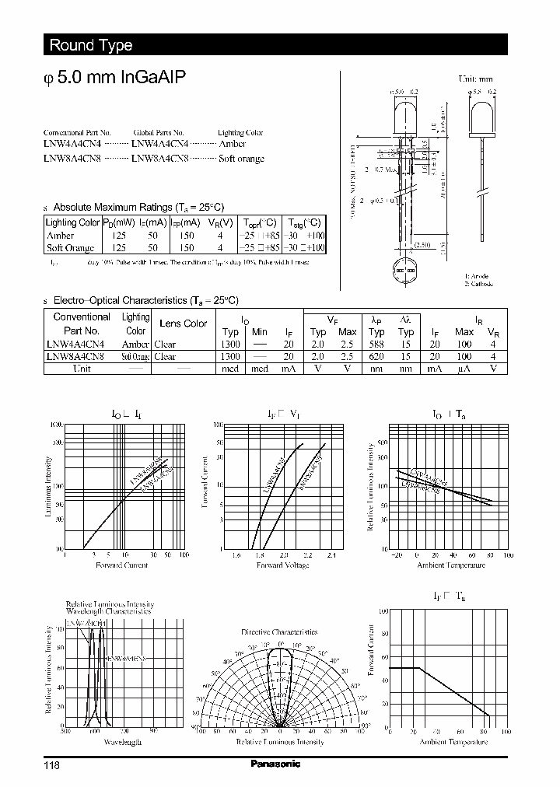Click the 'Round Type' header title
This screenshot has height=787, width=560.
91,45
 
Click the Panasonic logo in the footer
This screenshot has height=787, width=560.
275,764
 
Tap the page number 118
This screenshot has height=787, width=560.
51,765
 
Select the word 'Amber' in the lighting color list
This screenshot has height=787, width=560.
233,144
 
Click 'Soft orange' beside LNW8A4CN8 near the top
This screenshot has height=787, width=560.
241,159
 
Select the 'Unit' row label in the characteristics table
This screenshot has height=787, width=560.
82,369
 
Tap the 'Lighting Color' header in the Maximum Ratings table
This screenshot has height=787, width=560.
73,222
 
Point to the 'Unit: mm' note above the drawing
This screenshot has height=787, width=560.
477,79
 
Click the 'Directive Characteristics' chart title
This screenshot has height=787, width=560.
279,632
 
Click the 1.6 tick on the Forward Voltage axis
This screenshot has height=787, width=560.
236,555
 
